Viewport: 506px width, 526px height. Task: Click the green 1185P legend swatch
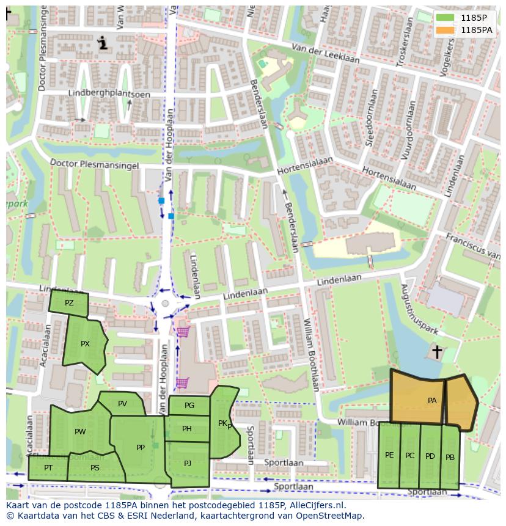[x=446, y=18]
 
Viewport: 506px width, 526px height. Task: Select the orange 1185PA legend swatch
[x=446, y=29]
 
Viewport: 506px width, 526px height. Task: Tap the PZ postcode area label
[x=69, y=303]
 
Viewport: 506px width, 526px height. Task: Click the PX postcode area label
[x=85, y=344]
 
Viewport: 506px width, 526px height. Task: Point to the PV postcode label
[x=122, y=403]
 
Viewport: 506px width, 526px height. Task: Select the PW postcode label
[x=80, y=432]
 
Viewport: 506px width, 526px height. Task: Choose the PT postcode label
[x=48, y=468]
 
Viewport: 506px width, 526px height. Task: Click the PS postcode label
[x=95, y=468]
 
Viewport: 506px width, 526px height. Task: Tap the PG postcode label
[x=189, y=405]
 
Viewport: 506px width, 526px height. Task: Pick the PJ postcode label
[x=188, y=463]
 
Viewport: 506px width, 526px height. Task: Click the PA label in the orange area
[x=432, y=401]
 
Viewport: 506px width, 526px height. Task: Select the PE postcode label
[x=389, y=455]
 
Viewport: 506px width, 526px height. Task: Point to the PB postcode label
[x=450, y=458]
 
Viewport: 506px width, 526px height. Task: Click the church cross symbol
[x=437, y=352]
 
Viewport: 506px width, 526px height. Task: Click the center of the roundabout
[x=165, y=304]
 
